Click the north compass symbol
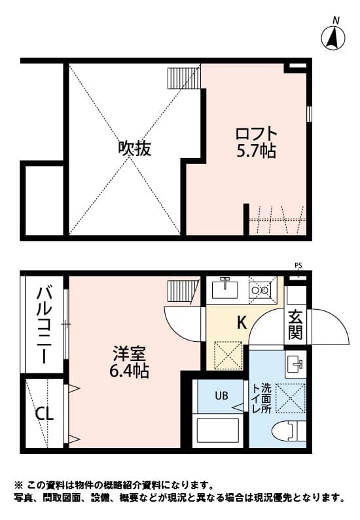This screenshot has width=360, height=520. tap(334, 37)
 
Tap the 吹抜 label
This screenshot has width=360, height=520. tap(135, 148)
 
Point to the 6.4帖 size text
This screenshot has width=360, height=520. tap(128, 371)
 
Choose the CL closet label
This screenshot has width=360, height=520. tap(45, 413)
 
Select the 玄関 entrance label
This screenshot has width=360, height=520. tap(296, 325)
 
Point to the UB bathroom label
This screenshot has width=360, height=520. tap(221, 396)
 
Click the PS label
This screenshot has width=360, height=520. tap(298, 265)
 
